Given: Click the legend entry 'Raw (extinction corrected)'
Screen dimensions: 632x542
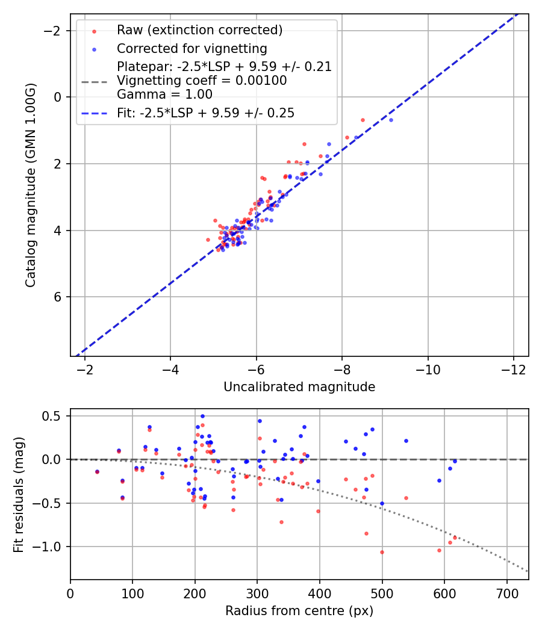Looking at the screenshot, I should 199,29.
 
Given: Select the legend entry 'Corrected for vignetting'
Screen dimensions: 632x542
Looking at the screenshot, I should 192,48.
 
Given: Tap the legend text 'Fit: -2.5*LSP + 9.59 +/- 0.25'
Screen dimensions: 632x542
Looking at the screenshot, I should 205,113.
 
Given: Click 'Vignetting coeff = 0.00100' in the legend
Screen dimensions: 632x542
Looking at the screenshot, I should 202,80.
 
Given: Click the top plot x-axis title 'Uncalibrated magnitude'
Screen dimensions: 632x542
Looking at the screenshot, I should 299,387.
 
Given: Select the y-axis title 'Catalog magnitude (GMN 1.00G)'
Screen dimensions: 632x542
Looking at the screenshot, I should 31,185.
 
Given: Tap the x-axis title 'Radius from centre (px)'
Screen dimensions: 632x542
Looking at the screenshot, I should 299,611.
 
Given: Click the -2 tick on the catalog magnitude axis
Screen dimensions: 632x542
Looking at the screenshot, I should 55,30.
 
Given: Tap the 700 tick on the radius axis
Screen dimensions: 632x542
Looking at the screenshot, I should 506,593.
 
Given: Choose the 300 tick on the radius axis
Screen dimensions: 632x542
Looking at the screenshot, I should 257,593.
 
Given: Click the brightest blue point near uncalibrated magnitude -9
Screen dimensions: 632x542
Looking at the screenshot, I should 391,120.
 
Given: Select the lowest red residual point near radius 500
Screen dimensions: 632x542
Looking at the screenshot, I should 382,552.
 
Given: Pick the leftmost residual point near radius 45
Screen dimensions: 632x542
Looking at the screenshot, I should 97,472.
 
